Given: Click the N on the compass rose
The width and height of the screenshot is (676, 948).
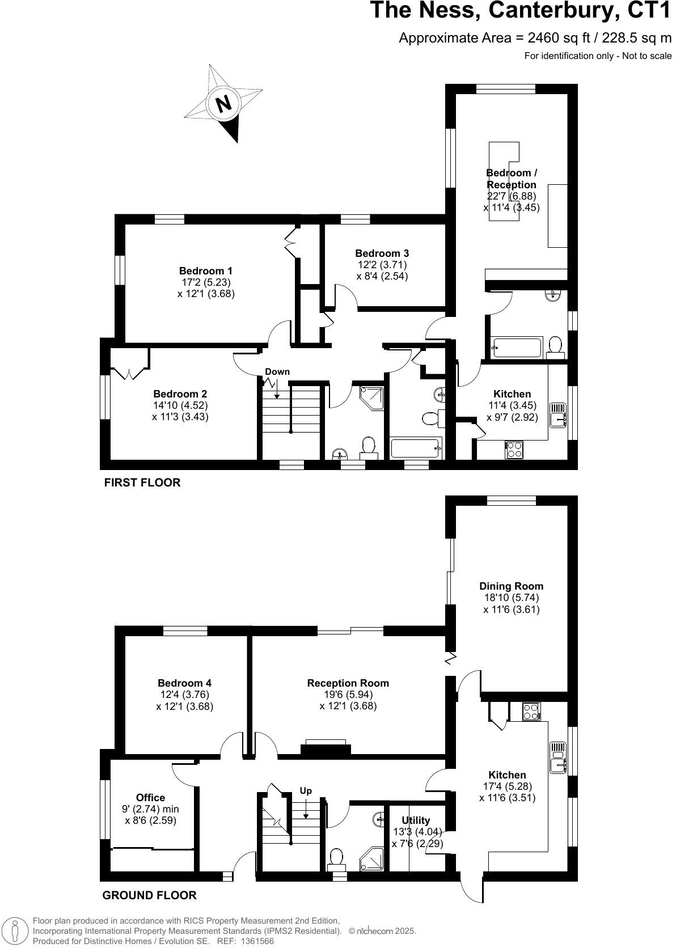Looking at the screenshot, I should coord(224,104).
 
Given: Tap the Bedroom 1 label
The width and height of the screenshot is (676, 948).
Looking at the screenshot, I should coord(205,271).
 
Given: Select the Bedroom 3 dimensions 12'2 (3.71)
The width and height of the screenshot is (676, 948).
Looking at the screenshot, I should coord(382,265).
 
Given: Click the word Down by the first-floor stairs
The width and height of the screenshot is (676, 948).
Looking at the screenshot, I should coord(277,372).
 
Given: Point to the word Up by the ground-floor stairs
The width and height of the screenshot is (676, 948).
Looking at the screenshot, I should coord(306,791).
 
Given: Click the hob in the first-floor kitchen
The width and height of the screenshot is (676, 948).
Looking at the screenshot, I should coord(514,450).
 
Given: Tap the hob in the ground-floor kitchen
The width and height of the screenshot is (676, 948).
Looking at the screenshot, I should coord(531,712).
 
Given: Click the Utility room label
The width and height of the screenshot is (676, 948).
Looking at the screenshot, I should coord(416,820).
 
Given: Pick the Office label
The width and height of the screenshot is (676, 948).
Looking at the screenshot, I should coord(150,798).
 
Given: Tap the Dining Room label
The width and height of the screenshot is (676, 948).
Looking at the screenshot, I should coord(511,586).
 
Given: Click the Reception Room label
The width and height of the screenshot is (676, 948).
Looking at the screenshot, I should coord(348,683).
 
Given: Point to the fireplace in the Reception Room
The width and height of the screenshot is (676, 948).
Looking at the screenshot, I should coord(326,747).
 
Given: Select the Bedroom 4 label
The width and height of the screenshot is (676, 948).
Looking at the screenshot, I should coord(184,683).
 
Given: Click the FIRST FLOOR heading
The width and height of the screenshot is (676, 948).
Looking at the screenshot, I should coord(142,483).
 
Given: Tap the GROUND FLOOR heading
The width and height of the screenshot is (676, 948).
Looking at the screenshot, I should coord(149,895).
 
